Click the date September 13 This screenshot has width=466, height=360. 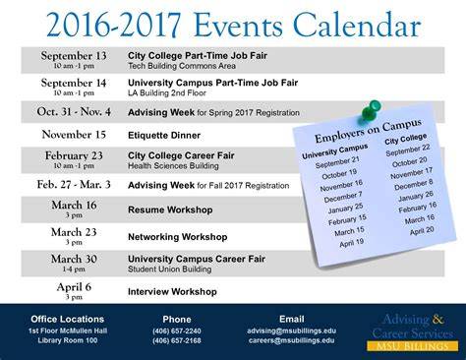(x=74, y=56)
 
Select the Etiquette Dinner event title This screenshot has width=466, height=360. (x=164, y=136)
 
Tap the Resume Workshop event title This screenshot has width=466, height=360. (x=170, y=210)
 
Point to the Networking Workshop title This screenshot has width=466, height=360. (x=178, y=237)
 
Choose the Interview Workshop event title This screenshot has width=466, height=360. (x=172, y=291)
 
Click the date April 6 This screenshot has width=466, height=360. (x=74, y=287)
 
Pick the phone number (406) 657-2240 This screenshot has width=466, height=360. (x=177, y=331)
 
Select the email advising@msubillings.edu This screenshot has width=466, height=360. (x=292, y=330)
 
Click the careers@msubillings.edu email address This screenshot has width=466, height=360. (x=292, y=340)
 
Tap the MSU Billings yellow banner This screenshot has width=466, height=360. (x=413, y=346)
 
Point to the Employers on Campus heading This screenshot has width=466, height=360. (x=368, y=131)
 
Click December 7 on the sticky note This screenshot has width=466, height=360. (x=343, y=197)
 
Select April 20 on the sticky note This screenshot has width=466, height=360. (x=422, y=231)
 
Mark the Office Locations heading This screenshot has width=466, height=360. (x=68, y=319)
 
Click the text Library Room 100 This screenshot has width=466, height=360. (x=68, y=340)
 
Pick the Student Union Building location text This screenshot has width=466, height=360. (x=169, y=270)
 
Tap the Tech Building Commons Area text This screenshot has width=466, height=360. (x=182, y=66)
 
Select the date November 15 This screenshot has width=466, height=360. (x=74, y=135)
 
